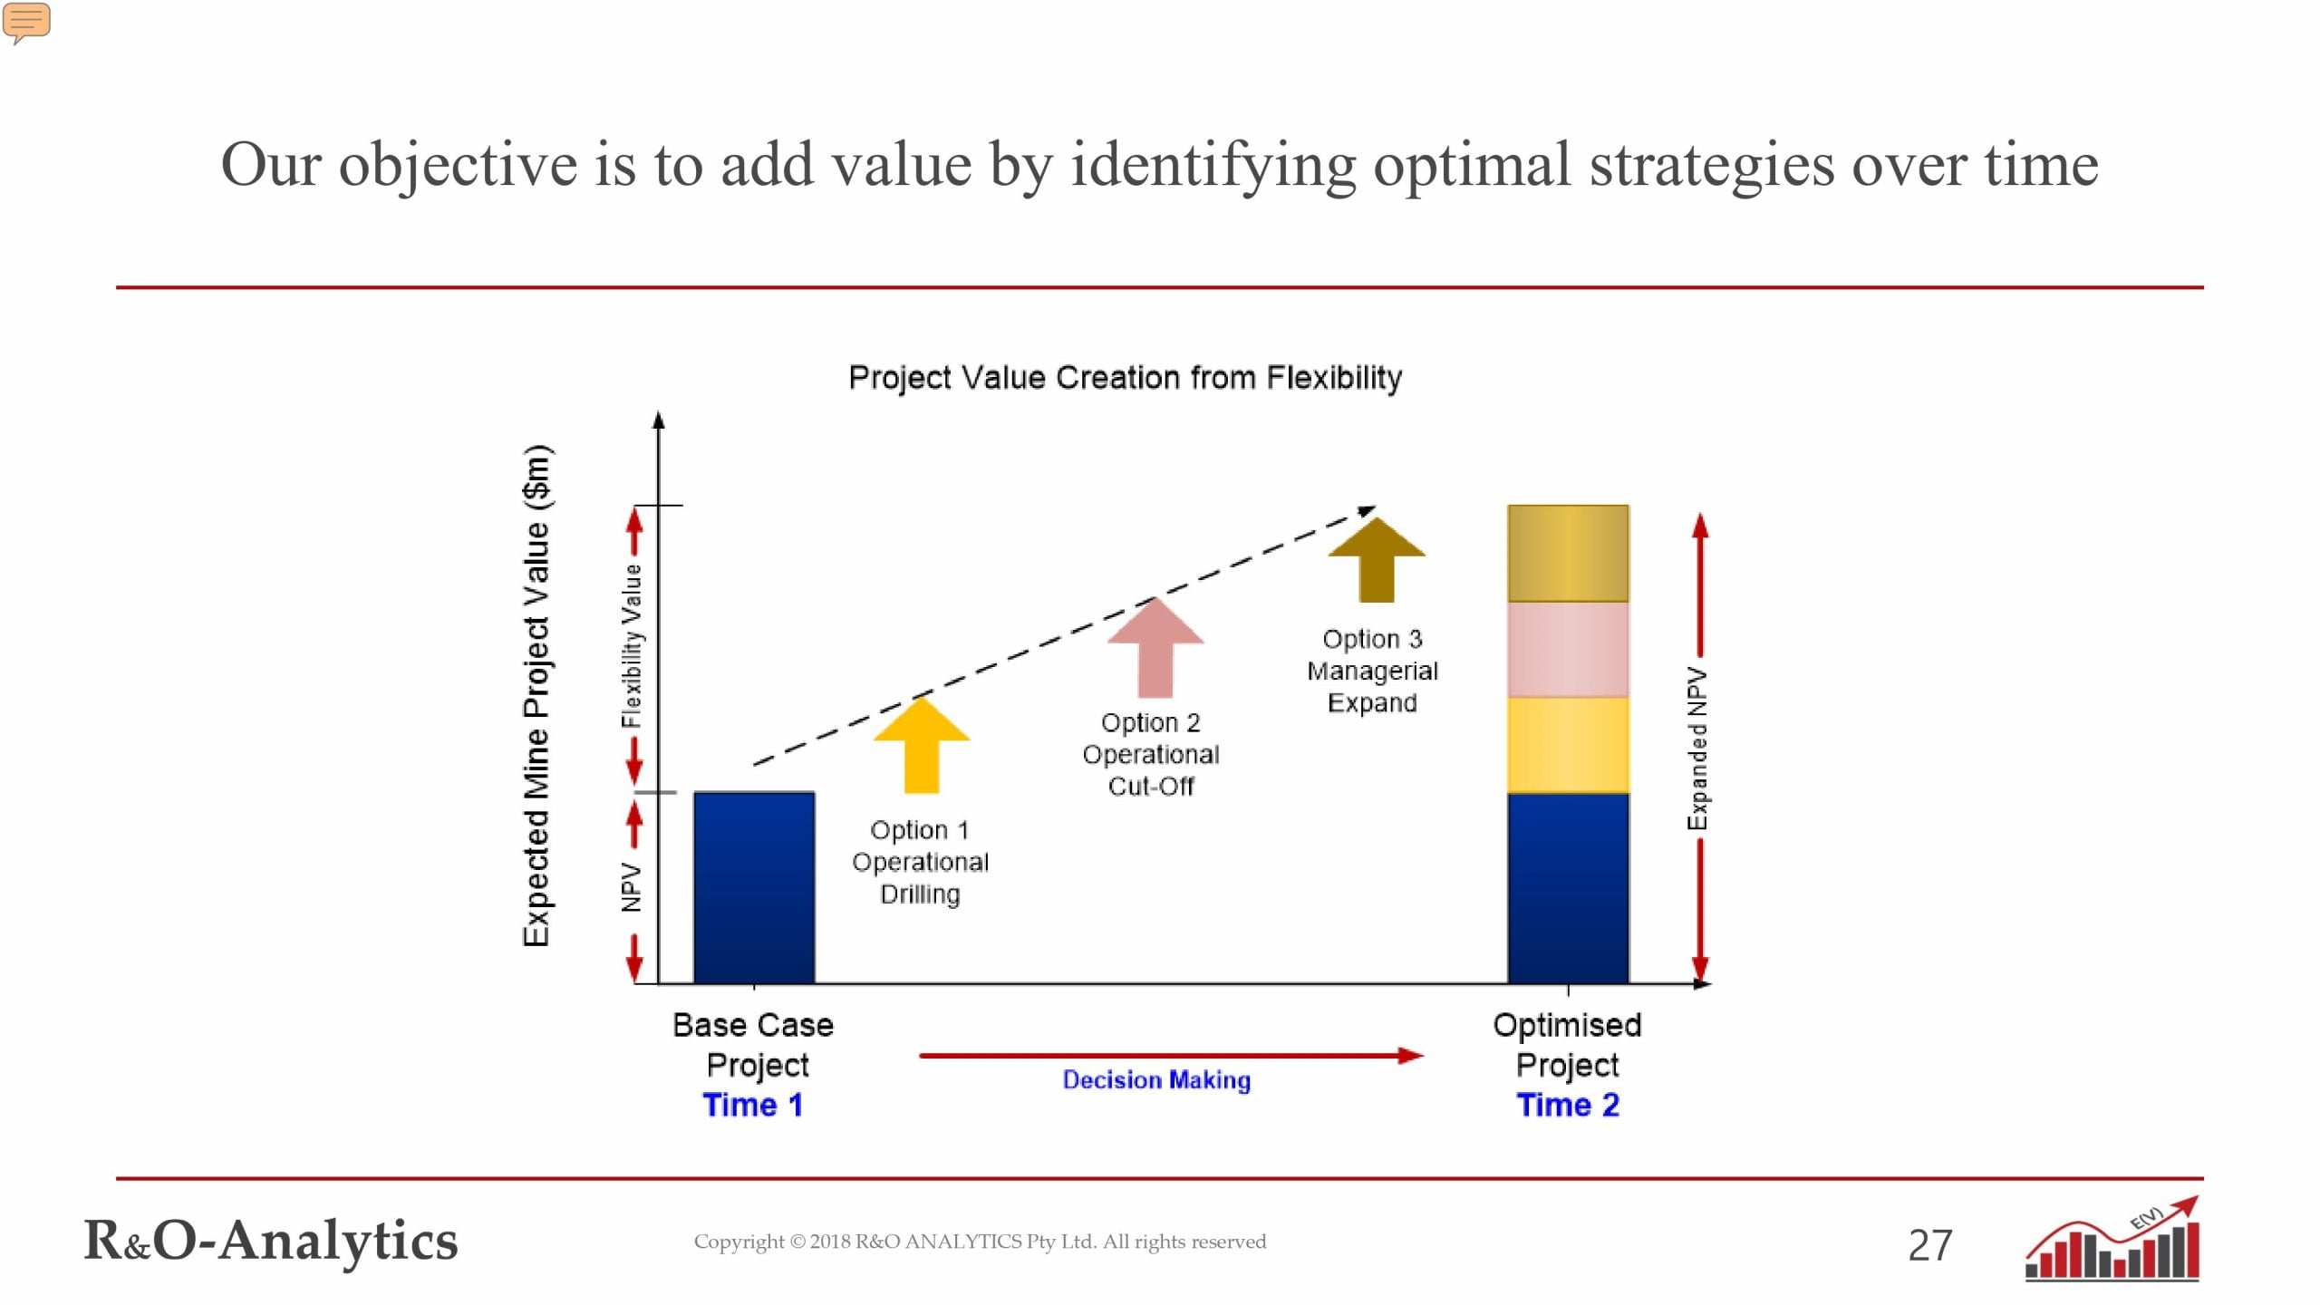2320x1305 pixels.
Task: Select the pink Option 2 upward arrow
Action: click(x=1155, y=647)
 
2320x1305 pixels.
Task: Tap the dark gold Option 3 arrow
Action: click(x=1377, y=559)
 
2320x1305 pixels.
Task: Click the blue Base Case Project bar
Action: click(x=754, y=887)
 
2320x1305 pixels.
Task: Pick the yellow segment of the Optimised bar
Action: click(x=1568, y=745)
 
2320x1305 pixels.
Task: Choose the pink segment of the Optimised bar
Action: click(x=1568, y=650)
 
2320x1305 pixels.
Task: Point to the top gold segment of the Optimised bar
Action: click(x=1568, y=554)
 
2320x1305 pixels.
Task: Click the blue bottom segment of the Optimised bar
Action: click(x=1568, y=888)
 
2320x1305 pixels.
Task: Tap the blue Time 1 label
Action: click(x=753, y=1105)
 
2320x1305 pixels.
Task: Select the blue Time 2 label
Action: click(x=1568, y=1105)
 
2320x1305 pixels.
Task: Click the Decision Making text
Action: click(x=1156, y=1079)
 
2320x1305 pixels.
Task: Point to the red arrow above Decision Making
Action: click(x=1172, y=1056)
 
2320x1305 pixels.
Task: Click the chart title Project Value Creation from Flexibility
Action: click(x=1126, y=377)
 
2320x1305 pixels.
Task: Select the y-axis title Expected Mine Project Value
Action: click(x=536, y=696)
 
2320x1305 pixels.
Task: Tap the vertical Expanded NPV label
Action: click(x=1696, y=749)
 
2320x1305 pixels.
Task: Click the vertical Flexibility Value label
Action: click(x=632, y=646)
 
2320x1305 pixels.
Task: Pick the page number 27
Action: click(x=1930, y=1245)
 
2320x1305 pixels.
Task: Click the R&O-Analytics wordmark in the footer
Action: click(x=271, y=1240)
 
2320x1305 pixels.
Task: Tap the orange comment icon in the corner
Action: click(x=26, y=23)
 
